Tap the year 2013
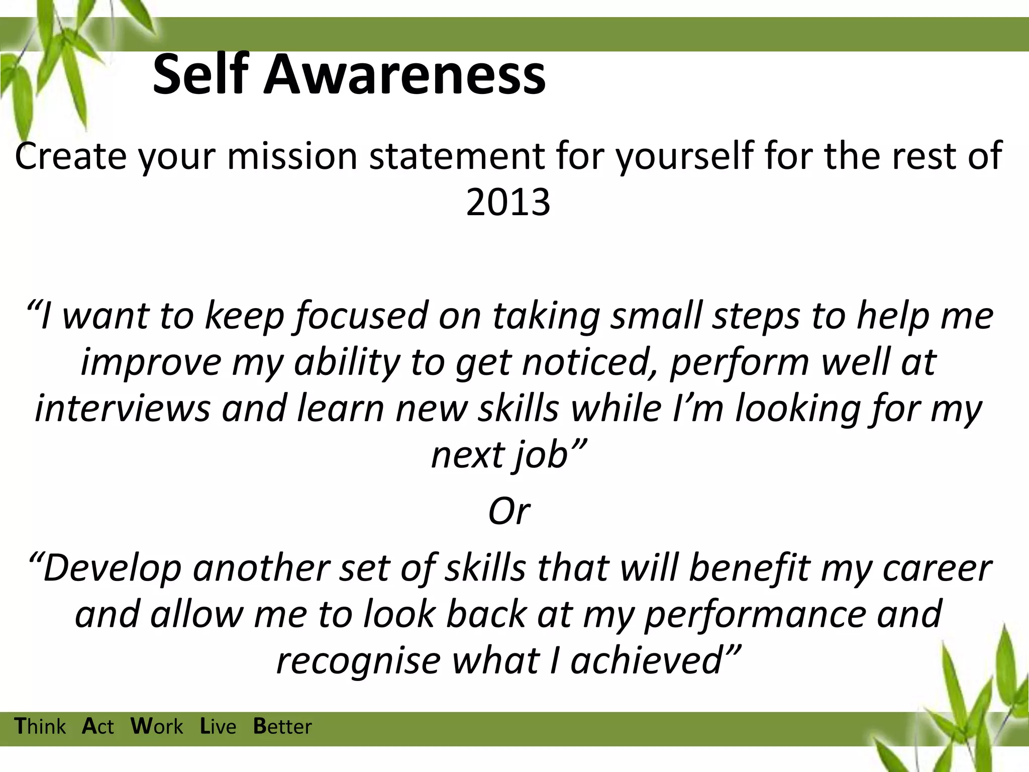point(508,202)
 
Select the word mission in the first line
point(292,156)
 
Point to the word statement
point(457,156)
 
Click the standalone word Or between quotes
point(508,512)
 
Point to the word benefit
point(749,568)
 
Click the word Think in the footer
point(40,727)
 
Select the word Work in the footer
point(157,727)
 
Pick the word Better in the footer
point(282,727)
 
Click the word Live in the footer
point(218,727)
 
